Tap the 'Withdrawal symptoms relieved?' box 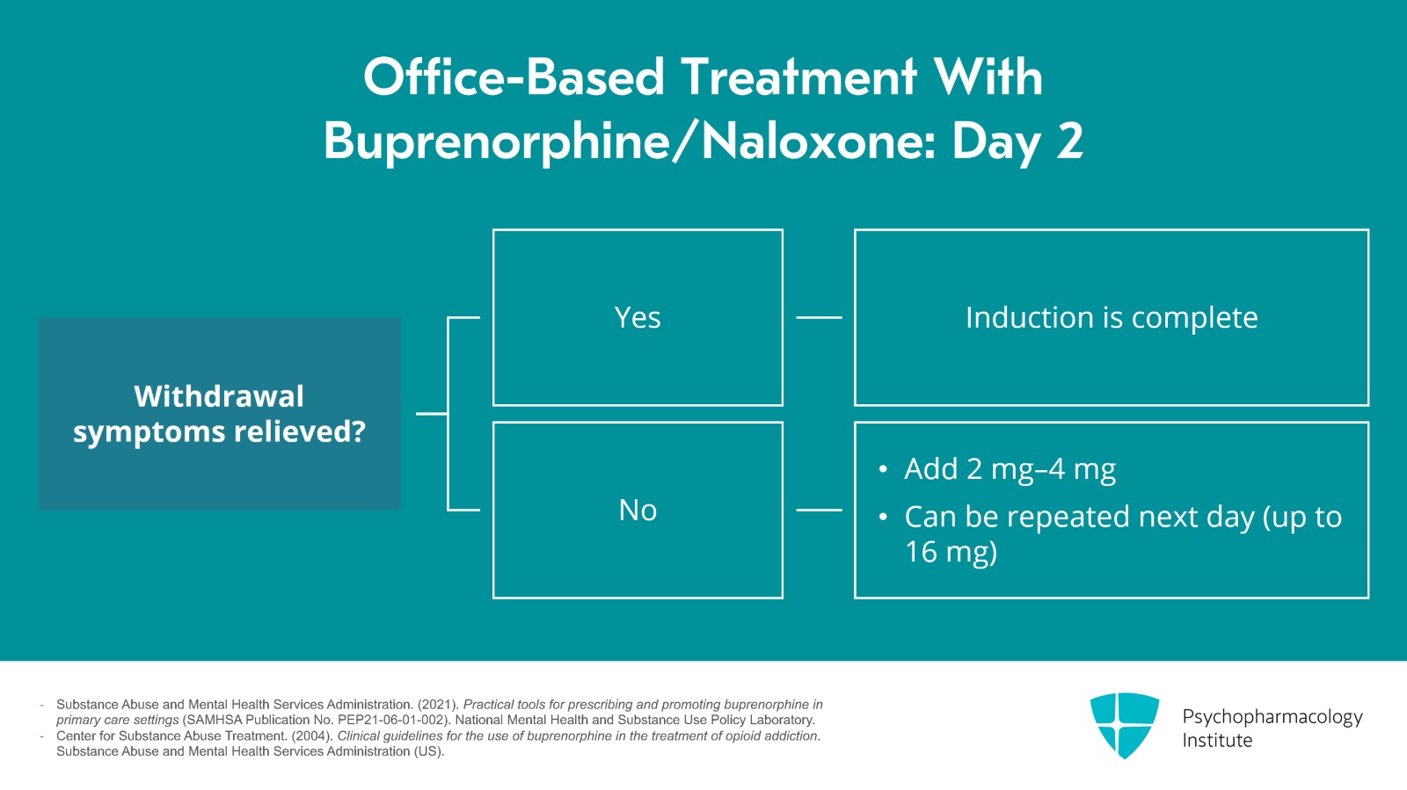(219, 414)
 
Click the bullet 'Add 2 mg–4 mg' (1010, 468)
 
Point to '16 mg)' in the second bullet (951, 552)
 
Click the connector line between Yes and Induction (819, 317)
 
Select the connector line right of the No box (819, 511)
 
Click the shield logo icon (1125, 725)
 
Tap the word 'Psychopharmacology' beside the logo (1272, 717)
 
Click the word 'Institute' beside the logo (1217, 741)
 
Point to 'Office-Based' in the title (514, 77)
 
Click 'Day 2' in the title (1017, 142)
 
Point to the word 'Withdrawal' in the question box (219, 396)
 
